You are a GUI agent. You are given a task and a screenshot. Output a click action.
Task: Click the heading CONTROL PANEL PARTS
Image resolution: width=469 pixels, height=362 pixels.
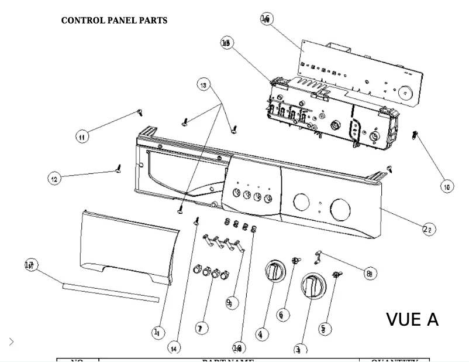click(114, 21)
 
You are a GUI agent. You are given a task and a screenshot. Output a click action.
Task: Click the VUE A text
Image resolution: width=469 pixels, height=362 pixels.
click(412, 319)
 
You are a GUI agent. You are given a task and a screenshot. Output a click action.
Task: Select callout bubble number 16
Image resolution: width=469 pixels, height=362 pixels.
click(266, 19)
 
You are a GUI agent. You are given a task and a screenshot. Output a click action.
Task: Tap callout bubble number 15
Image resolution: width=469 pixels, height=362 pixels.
click(226, 43)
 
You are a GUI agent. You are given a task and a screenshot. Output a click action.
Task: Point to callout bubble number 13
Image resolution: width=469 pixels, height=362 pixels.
click(203, 85)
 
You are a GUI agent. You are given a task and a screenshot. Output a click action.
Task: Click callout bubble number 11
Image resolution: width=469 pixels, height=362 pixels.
click(82, 136)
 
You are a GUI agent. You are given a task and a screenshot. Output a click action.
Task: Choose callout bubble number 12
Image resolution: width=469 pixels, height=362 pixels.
click(54, 179)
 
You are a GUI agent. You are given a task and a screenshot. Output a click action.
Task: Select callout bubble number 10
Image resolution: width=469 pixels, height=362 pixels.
click(446, 186)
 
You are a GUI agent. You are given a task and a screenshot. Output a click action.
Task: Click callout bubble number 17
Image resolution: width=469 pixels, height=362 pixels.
click(30, 265)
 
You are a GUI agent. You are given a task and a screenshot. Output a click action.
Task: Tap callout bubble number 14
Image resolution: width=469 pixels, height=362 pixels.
click(174, 348)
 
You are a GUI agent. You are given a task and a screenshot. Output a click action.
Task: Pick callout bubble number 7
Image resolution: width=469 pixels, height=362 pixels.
click(201, 329)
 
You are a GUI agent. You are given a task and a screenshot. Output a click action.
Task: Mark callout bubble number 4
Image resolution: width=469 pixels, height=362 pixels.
click(262, 334)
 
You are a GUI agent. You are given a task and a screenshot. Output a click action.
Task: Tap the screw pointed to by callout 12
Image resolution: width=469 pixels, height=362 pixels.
click(119, 170)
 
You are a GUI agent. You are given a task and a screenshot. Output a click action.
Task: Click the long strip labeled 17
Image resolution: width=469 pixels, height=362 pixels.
click(111, 291)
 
